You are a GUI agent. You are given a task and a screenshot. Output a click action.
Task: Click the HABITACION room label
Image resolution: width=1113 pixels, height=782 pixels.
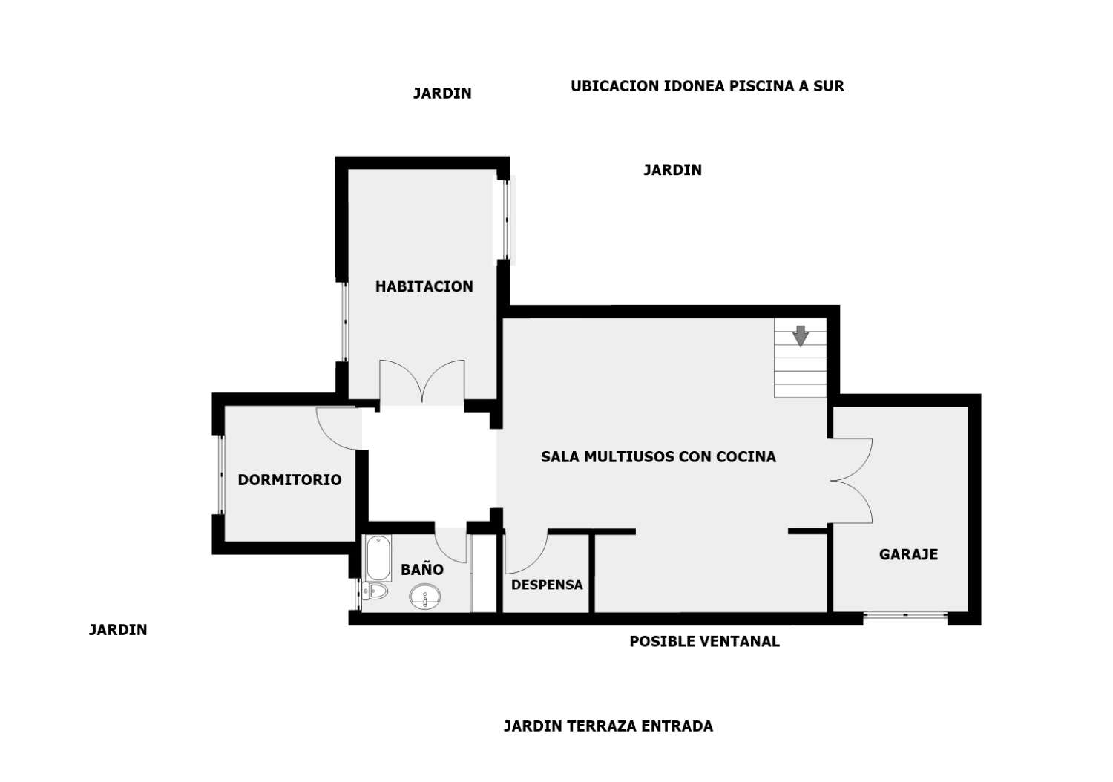[x=424, y=286]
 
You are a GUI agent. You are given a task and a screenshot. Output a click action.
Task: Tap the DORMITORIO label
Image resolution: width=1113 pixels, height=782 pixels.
[x=289, y=480]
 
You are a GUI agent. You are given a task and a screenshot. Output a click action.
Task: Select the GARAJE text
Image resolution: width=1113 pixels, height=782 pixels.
[x=909, y=554]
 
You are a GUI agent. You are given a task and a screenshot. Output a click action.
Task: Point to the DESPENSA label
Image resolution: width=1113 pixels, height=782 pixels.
[x=547, y=585]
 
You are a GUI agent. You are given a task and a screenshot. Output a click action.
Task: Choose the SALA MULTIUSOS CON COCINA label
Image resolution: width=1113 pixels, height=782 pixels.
[x=658, y=456]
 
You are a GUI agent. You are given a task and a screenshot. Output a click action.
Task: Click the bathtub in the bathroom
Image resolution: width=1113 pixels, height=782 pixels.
[x=378, y=558]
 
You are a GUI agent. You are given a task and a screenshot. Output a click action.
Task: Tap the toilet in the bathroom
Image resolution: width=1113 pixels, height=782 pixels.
[x=375, y=591]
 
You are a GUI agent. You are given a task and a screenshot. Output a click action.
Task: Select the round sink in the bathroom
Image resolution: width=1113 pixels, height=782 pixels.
[x=425, y=597]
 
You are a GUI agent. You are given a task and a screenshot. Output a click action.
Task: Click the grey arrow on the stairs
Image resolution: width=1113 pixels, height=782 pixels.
[x=801, y=336]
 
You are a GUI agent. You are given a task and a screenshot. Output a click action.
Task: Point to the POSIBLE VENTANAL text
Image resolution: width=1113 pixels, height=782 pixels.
[x=705, y=642]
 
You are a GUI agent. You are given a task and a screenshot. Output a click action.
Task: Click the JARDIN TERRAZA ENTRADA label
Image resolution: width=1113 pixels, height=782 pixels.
[x=608, y=726]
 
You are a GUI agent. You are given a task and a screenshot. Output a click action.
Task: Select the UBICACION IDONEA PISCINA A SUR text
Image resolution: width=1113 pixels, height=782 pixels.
[x=707, y=86]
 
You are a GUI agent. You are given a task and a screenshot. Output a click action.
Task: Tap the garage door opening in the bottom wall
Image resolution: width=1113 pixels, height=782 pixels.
[x=905, y=615]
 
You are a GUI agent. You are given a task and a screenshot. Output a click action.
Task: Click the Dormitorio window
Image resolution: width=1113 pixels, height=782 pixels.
[x=222, y=474]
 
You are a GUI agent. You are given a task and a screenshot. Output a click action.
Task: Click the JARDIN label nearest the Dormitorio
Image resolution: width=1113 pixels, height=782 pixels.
[x=118, y=630]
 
